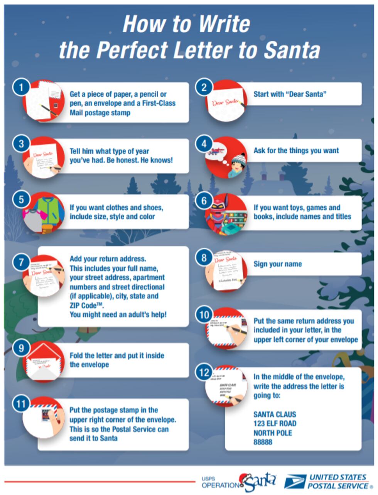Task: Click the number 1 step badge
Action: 21,88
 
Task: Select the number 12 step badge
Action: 204,373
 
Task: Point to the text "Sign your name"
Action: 277,264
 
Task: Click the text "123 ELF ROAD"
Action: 275,424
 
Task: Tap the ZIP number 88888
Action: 263,442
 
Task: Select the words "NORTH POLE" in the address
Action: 272,433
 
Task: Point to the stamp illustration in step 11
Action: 47,415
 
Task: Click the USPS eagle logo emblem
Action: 295,482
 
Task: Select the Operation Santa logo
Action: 239,482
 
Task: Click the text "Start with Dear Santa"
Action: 290,94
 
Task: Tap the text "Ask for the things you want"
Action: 296,151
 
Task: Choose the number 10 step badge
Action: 204,315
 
